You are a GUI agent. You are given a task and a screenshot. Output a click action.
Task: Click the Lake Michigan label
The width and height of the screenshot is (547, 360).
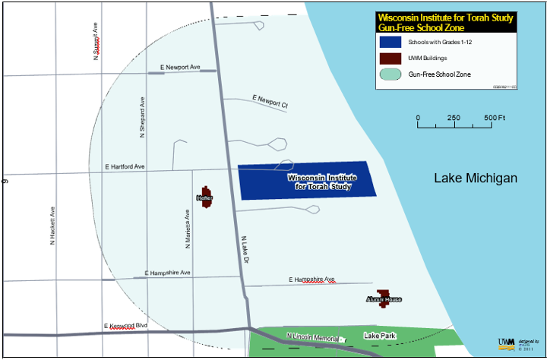tap(475, 178)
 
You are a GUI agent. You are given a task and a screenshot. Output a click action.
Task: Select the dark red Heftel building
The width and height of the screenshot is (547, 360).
tap(205, 197)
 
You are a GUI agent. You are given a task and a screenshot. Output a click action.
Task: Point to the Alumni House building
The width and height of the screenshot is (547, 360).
tap(384, 298)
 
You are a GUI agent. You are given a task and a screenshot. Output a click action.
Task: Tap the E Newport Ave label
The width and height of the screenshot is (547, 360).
tap(180, 68)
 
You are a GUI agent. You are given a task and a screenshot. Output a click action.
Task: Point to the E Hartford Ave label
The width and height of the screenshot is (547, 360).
tap(125, 166)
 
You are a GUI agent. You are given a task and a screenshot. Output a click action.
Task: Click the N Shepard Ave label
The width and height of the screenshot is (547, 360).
tap(142, 116)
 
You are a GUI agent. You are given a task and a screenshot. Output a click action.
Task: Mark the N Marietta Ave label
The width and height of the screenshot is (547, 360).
tap(187, 230)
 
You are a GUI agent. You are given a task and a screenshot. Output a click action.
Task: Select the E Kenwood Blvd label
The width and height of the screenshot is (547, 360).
tap(125, 326)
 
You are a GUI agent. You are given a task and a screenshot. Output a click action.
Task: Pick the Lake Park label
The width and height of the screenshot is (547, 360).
tap(379, 335)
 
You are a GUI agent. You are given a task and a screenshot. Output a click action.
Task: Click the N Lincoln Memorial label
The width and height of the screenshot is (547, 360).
tap(312, 336)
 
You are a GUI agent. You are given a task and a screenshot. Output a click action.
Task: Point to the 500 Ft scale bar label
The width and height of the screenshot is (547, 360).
tap(495, 118)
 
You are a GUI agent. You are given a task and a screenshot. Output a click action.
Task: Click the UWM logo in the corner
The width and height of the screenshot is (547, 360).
tap(506, 342)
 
